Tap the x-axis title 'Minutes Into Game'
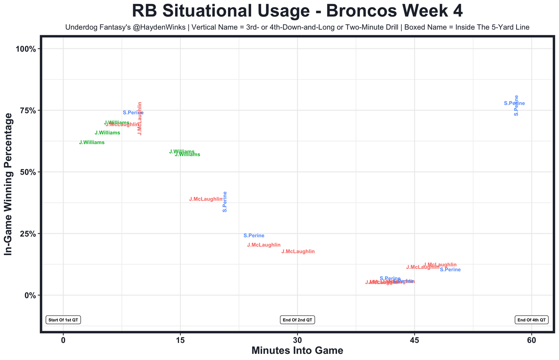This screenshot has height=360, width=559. point(297,350)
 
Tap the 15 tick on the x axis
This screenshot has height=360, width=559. point(180,339)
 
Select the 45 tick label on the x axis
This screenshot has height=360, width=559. point(414,339)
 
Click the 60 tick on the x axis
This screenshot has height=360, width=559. point(531,339)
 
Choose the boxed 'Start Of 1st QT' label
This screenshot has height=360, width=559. point(63,320)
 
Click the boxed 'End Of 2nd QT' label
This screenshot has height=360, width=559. point(297,320)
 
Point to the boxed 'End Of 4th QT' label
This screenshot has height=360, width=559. point(531,320)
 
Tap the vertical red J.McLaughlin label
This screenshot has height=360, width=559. point(140,118)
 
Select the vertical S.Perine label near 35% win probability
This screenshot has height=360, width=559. point(225,202)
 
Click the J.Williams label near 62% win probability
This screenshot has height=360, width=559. point(92,142)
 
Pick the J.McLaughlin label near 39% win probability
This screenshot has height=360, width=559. point(206,199)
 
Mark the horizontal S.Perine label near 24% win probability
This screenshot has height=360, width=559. point(254,236)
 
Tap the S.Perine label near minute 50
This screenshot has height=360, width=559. point(450,270)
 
